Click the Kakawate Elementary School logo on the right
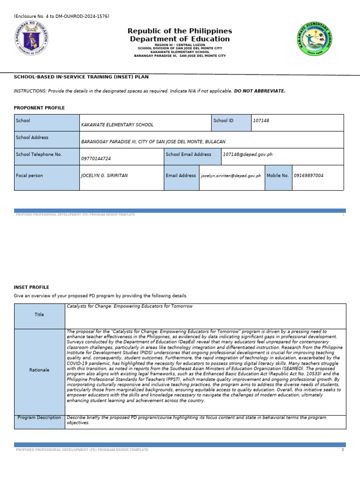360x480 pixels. pos(315,39)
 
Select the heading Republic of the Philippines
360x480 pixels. pos(180,31)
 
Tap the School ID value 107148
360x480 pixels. pos(261,121)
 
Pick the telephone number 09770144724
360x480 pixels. pos(96,159)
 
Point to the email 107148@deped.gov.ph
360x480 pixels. pos(247,154)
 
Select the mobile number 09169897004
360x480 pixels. pos(308,176)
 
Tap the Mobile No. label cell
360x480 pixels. pos(278,176)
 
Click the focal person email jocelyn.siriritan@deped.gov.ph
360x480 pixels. pos(231,176)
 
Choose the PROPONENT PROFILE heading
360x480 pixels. pos(39,108)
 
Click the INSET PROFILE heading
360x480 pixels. pos(31,287)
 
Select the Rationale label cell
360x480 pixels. pos(39,370)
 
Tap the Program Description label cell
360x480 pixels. pos(39,418)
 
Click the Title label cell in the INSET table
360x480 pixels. pos(39,315)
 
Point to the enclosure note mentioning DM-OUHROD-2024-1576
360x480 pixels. pos(61,16)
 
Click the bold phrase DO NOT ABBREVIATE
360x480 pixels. pos(260,91)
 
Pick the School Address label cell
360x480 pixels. pos(47,139)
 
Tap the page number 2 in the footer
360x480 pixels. pos(343,450)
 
